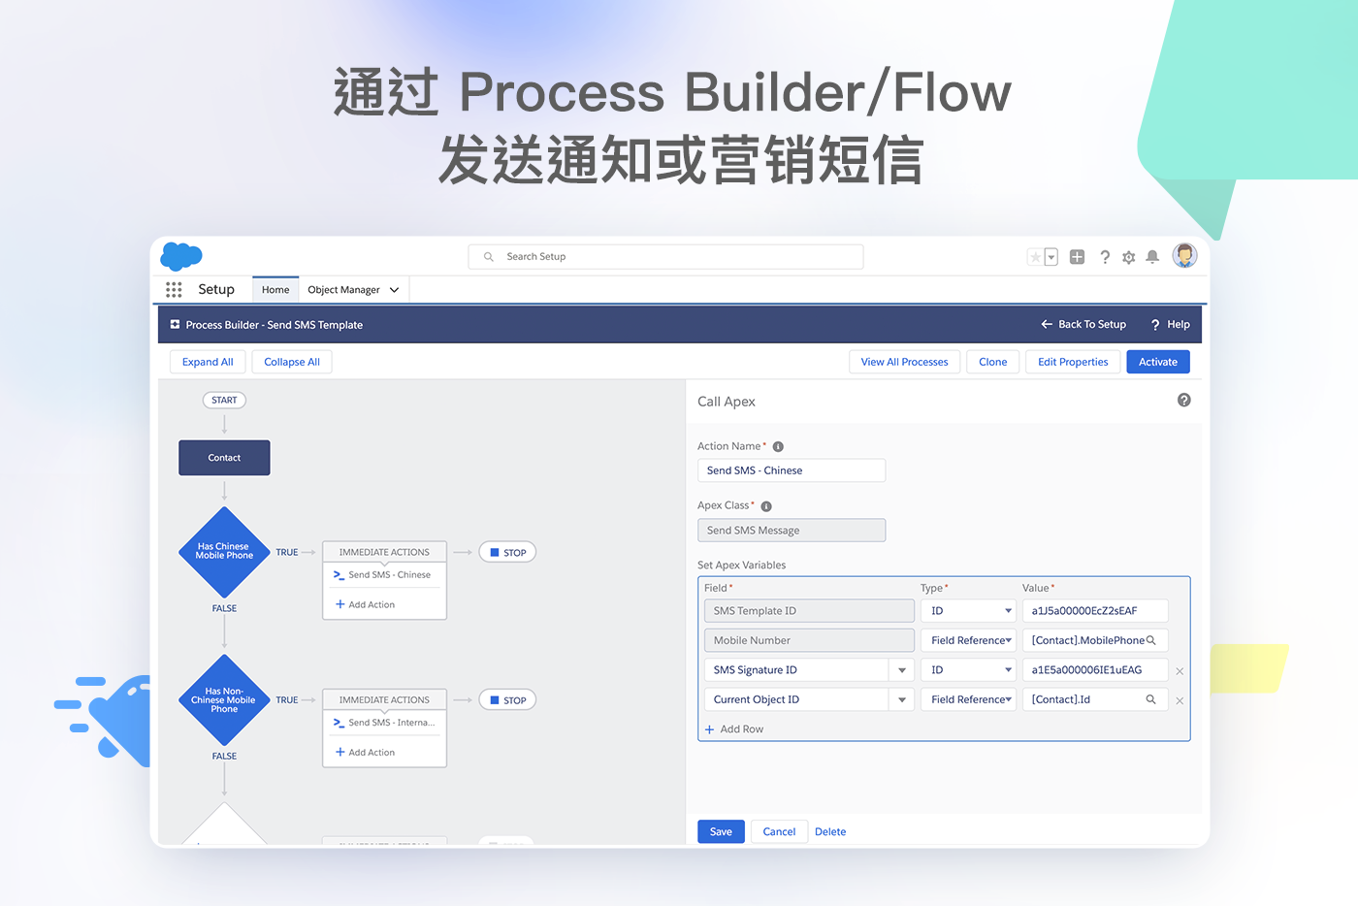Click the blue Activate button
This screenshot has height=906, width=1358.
pos(1157,362)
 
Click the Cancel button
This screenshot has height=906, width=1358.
pos(779,831)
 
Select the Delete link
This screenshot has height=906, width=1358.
pos(830,831)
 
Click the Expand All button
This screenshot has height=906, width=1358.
pos(208,362)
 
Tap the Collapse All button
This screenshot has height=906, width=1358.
pos(292,362)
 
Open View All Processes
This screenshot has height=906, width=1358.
pos(904,362)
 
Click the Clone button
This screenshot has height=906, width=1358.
pos(992,362)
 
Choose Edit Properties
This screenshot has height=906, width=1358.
pos(1073,362)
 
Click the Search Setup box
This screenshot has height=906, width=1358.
pos(665,256)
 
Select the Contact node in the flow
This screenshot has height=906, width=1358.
pos(224,458)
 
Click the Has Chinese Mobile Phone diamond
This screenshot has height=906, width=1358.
pos(224,551)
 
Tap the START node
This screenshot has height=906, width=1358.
pos(224,400)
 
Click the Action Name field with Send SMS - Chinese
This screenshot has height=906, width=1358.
pos(791,470)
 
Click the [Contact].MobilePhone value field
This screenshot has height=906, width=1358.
pos(1088,640)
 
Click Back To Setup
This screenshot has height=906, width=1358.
pos(1083,325)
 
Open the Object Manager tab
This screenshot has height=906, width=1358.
pos(344,290)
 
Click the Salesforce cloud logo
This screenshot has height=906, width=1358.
pos(181,256)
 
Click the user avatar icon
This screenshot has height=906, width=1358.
pos(1184,256)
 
